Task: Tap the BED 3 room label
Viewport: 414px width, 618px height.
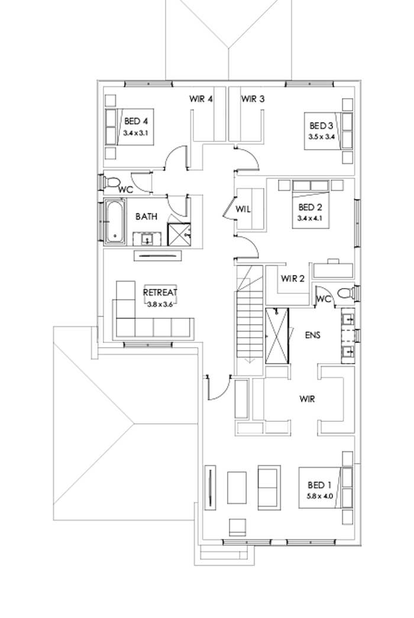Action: (322, 125)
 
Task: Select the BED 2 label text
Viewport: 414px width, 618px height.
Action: (310, 207)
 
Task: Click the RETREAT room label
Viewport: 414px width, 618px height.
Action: (160, 292)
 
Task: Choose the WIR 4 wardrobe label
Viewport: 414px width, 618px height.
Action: (201, 99)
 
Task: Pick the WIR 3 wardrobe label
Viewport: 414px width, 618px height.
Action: (253, 99)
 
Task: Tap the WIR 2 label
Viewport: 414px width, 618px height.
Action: (293, 279)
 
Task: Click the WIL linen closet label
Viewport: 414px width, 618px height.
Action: (244, 209)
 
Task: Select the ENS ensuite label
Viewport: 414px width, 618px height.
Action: (312, 335)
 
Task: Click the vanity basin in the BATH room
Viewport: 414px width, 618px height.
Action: (147, 239)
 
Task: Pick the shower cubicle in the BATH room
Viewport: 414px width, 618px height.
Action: (179, 234)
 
